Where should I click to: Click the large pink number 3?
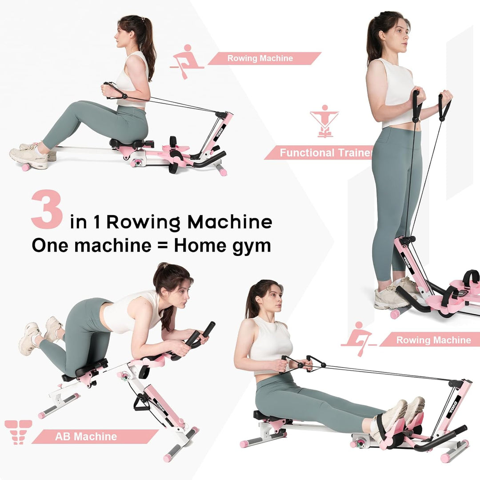pyautogui.click(x=46, y=209)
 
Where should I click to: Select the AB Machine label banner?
pyautogui.click(x=93, y=436)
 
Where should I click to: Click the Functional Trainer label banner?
pyautogui.click(x=320, y=153)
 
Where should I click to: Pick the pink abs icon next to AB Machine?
pyautogui.click(x=18, y=432)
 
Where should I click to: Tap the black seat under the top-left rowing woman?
pyautogui.click(x=129, y=143)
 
